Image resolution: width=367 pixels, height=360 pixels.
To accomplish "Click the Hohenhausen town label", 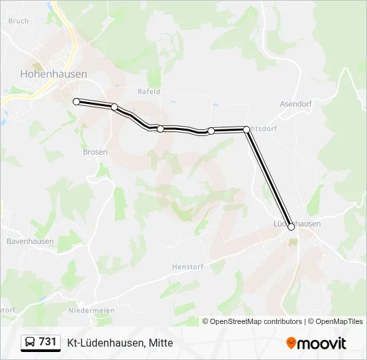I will coord(53,74).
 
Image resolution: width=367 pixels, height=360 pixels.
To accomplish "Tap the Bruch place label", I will coord(19,21).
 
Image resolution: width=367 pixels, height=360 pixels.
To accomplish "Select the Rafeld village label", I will coord(149,91).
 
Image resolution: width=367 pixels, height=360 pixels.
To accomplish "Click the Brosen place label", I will coord(95,152).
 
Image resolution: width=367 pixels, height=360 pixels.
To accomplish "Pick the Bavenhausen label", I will coord(27,241).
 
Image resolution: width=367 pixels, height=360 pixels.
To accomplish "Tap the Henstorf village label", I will coord(186,266).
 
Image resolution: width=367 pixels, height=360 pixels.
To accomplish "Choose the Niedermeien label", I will coord(91,311).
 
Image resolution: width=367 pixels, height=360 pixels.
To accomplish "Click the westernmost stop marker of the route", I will coord(77,101).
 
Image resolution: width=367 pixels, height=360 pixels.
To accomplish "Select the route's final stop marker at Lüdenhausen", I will coord(291,227).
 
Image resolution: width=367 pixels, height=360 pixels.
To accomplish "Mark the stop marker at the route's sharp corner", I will coord(247,129).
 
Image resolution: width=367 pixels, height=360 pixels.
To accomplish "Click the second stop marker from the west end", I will coord(115,107).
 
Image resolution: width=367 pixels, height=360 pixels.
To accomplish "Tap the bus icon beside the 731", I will coord(30,342).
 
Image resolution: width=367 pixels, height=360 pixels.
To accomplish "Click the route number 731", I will coord(47,342).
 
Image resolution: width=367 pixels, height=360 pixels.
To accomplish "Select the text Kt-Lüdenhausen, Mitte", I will coord(120,343).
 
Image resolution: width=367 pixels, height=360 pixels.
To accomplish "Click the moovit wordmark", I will coord(322,343).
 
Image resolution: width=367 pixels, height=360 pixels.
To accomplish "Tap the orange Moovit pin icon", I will coord(291,343).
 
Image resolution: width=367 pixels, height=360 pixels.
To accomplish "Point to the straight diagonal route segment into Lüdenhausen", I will coord(269,178).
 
